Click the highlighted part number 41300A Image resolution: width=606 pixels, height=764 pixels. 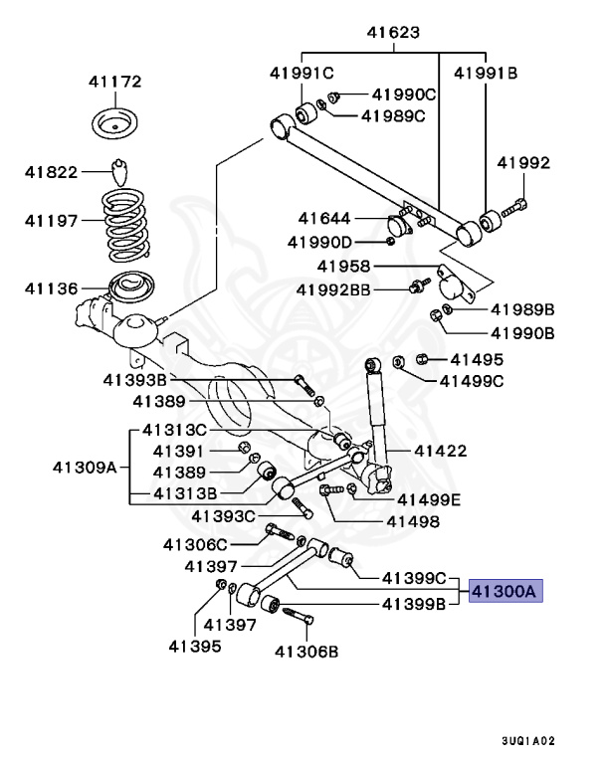pos(504,590)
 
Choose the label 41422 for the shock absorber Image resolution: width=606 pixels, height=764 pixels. pos(439,452)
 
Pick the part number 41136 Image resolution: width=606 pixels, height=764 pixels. pos(53,288)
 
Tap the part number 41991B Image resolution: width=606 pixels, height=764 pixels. pos(487,73)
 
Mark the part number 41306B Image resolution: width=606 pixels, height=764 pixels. pos(306,653)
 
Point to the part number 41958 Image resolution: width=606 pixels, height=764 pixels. pos(344,266)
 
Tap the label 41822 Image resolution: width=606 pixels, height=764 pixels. pos(52,172)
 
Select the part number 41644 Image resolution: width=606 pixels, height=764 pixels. pos(324,218)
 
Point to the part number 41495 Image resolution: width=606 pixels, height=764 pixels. pos(477,359)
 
